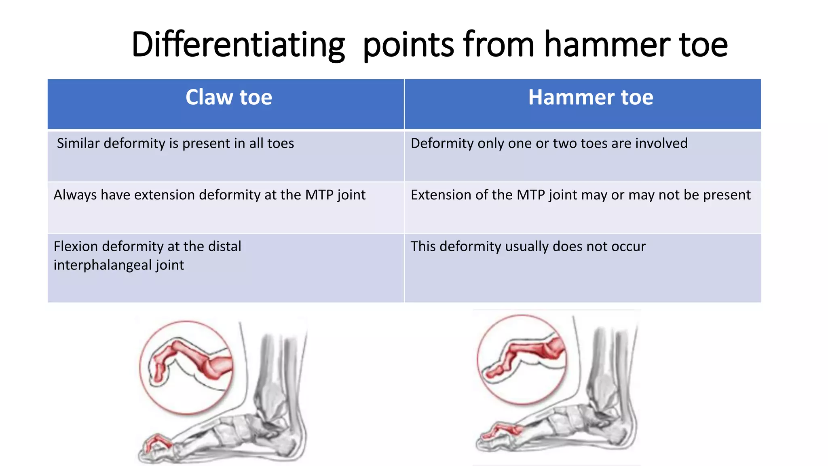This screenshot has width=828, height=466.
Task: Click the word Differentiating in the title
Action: [x=238, y=44]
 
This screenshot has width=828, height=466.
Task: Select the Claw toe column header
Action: [x=228, y=97]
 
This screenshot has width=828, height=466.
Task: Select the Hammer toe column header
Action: [x=590, y=97]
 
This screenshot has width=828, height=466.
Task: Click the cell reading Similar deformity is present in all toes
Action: [x=175, y=144]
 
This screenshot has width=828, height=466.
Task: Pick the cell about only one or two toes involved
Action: [x=549, y=144]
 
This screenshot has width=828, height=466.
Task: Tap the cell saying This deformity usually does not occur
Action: [x=528, y=247]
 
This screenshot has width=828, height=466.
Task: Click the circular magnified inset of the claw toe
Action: [x=186, y=367]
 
